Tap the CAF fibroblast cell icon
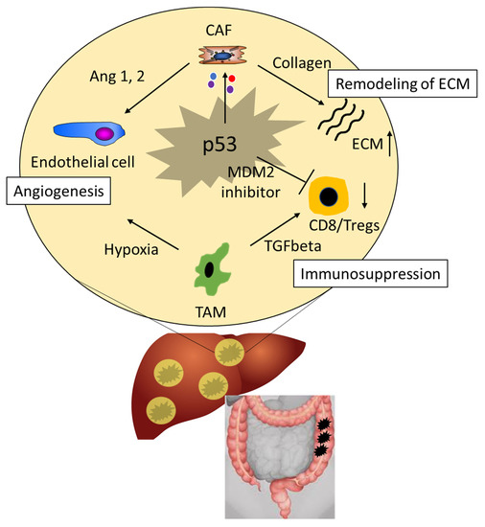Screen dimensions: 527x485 click(x=222, y=58)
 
